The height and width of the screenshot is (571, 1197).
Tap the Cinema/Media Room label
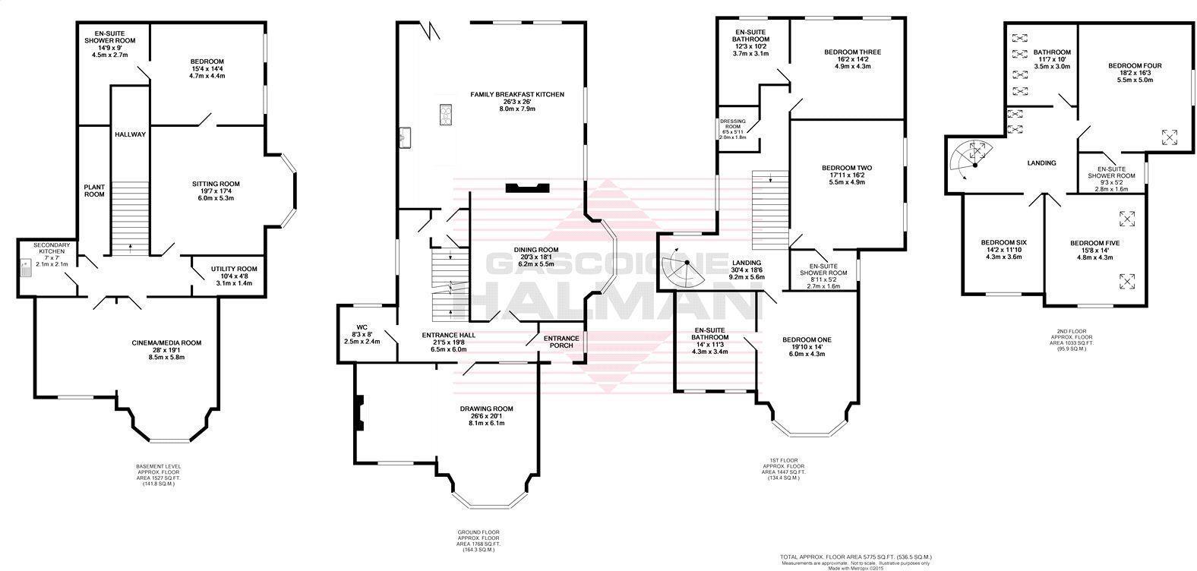165,343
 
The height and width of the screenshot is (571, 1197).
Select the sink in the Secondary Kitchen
24,269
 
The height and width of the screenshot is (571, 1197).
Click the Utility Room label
235,269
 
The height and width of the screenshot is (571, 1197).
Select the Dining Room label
535,249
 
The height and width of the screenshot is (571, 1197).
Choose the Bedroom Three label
852,52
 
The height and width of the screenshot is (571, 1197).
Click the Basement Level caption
159,466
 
